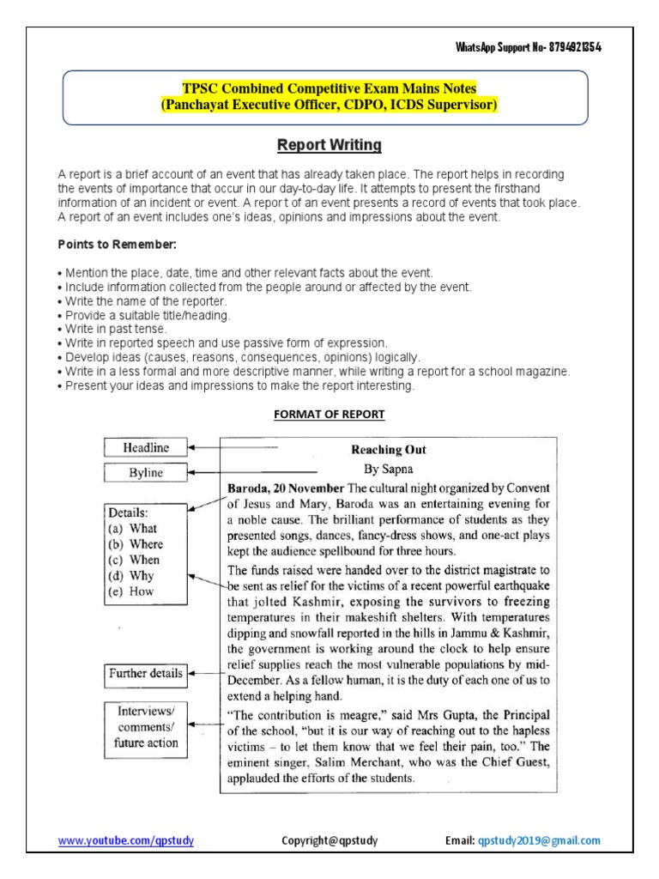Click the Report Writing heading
tap(329, 144)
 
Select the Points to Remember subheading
tap(116, 246)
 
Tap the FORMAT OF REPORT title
tap(329, 415)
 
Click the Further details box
tap(145, 674)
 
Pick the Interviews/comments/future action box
tap(145, 727)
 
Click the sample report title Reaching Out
tap(389, 450)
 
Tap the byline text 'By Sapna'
tap(389, 469)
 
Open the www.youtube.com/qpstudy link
tap(125, 840)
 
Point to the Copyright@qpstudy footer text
tap(329, 840)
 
